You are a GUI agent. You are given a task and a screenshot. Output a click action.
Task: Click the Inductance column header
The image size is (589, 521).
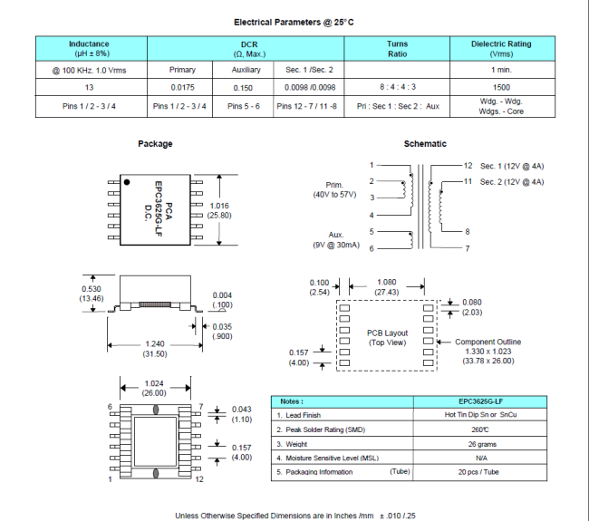point(89,48)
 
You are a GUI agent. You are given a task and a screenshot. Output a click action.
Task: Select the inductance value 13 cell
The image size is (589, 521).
point(89,87)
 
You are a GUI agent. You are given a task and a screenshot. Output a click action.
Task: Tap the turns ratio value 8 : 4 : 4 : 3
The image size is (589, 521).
point(398,87)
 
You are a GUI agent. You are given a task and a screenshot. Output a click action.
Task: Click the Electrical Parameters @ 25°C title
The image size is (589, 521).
point(294,22)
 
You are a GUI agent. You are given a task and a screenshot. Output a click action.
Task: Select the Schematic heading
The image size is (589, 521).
point(425,144)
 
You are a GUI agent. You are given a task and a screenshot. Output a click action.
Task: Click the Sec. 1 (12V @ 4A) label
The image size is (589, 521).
point(512,166)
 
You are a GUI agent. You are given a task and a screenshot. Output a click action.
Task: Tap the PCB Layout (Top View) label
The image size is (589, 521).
point(388,338)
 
